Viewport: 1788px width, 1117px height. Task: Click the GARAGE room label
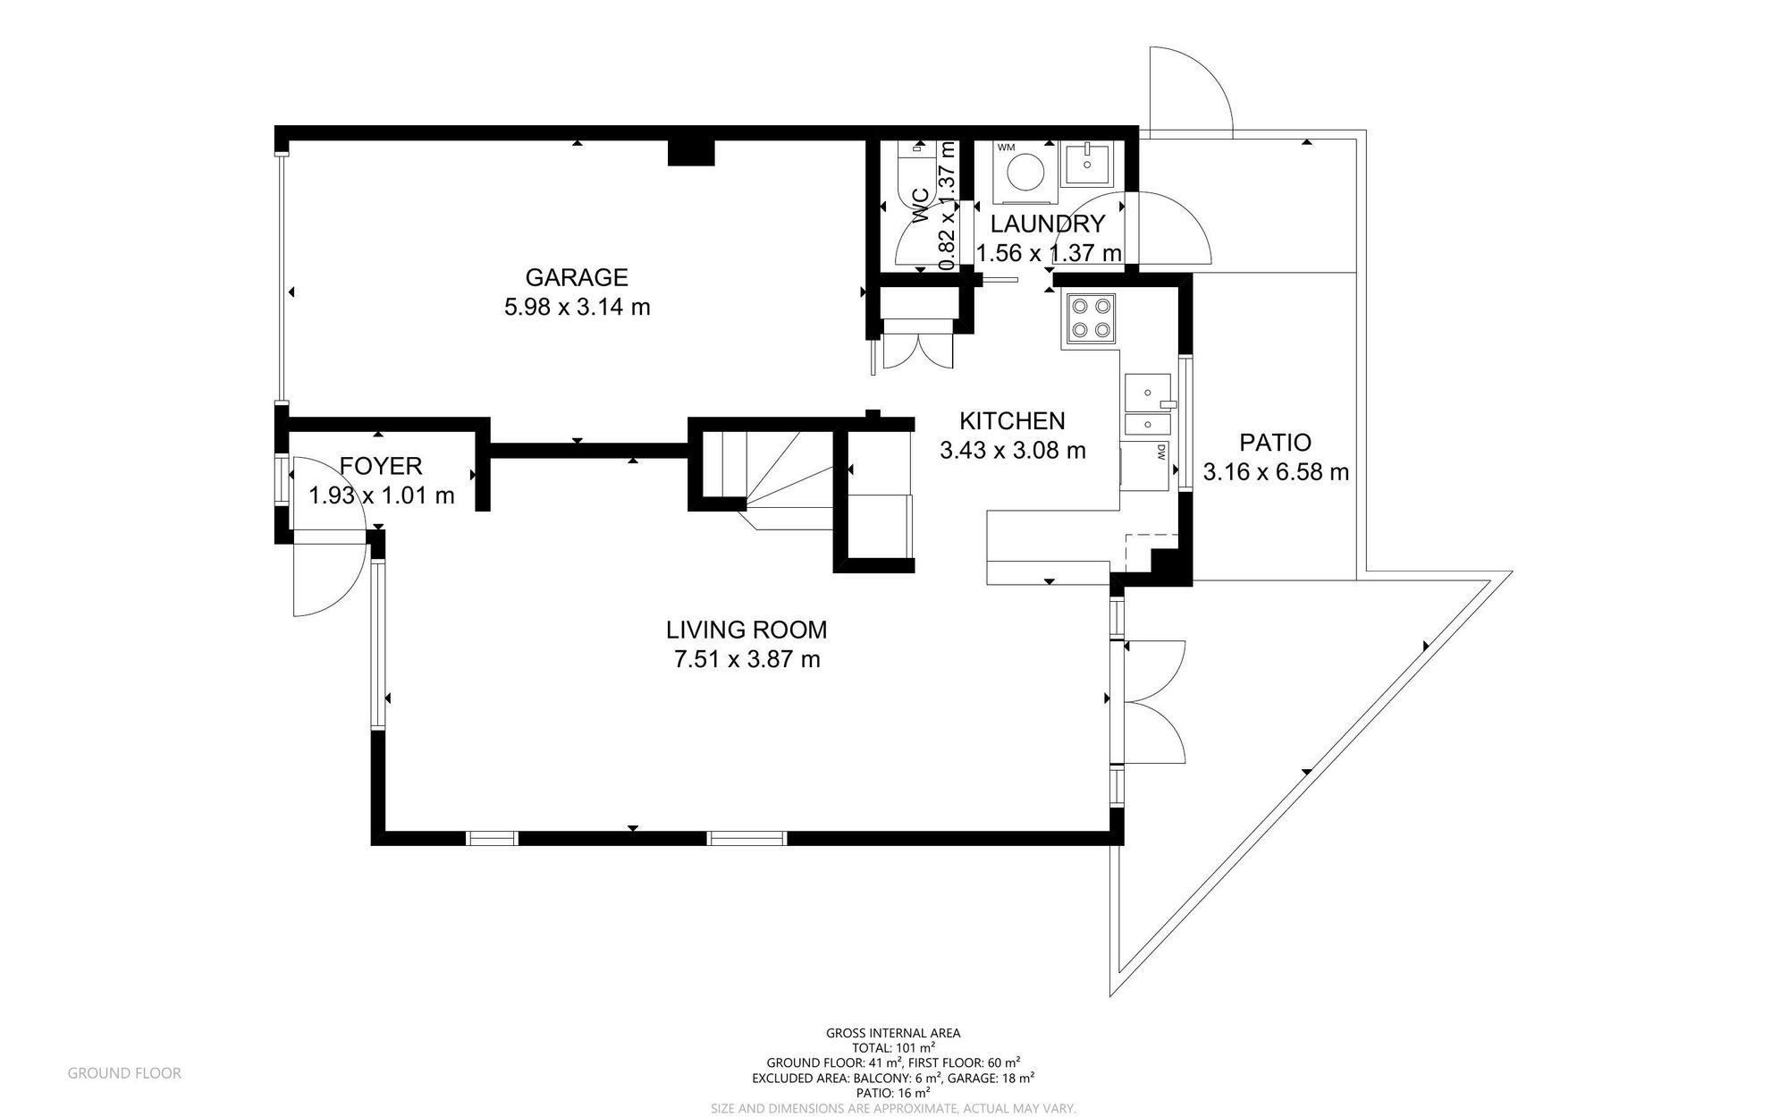(576, 277)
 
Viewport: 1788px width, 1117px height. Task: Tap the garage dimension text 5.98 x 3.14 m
(578, 308)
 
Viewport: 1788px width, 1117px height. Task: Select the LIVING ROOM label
(746, 630)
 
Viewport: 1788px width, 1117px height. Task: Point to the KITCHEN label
(1012, 420)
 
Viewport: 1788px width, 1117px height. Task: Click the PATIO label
(1276, 442)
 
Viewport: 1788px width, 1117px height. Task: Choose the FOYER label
(381, 466)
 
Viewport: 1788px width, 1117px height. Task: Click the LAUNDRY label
(1048, 224)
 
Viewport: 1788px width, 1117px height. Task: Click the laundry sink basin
(1087, 164)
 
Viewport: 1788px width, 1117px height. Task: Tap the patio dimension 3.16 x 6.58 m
(1276, 472)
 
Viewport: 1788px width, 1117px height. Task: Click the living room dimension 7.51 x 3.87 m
(746, 660)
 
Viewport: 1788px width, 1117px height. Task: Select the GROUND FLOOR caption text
(124, 1073)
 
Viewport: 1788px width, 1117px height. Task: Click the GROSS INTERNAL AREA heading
(893, 1033)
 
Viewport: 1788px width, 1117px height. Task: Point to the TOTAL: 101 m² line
(893, 1048)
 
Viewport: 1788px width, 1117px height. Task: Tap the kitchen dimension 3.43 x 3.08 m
(1013, 451)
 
